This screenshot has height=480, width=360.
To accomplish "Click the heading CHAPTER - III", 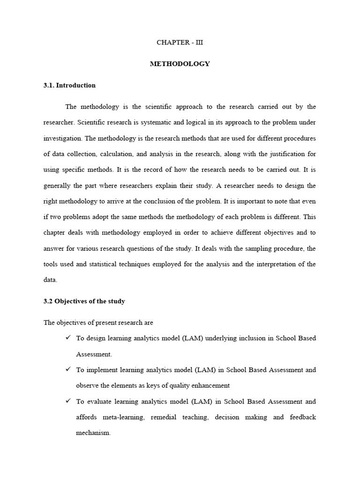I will [x=180, y=42].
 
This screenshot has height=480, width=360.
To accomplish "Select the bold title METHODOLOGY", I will [x=180, y=64].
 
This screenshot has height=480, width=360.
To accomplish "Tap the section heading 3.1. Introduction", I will [x=69, y=85].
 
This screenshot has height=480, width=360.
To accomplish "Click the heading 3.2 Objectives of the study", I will [x=84, y=301].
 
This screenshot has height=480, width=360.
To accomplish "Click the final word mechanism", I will [x=93, y=433].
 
